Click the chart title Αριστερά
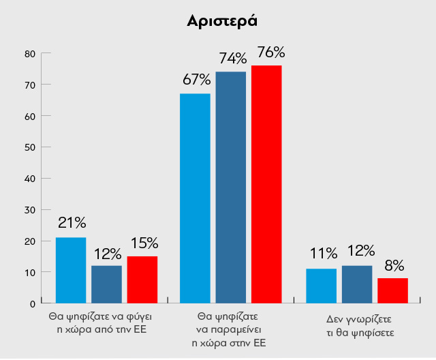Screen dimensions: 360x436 (222, 20)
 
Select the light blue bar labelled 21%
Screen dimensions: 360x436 (71, 270)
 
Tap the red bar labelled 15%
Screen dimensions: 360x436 (142, 280)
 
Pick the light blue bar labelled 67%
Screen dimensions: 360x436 (195, 198)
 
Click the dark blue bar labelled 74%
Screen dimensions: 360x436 (231, 187)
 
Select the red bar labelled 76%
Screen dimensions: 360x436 (266, 184)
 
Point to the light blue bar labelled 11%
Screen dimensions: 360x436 (322, 286)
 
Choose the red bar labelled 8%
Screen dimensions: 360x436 (392, 290)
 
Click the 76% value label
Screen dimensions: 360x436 (270, 52)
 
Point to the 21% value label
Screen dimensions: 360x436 (72, 223)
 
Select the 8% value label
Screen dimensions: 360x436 (394, 265)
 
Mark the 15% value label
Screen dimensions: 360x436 (144, 243)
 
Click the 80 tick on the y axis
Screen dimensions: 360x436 (29, 53)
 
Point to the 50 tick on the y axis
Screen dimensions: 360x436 (29, 147)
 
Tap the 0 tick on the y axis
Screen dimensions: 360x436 (32, 303)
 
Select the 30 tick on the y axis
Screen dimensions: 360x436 (29, 209)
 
